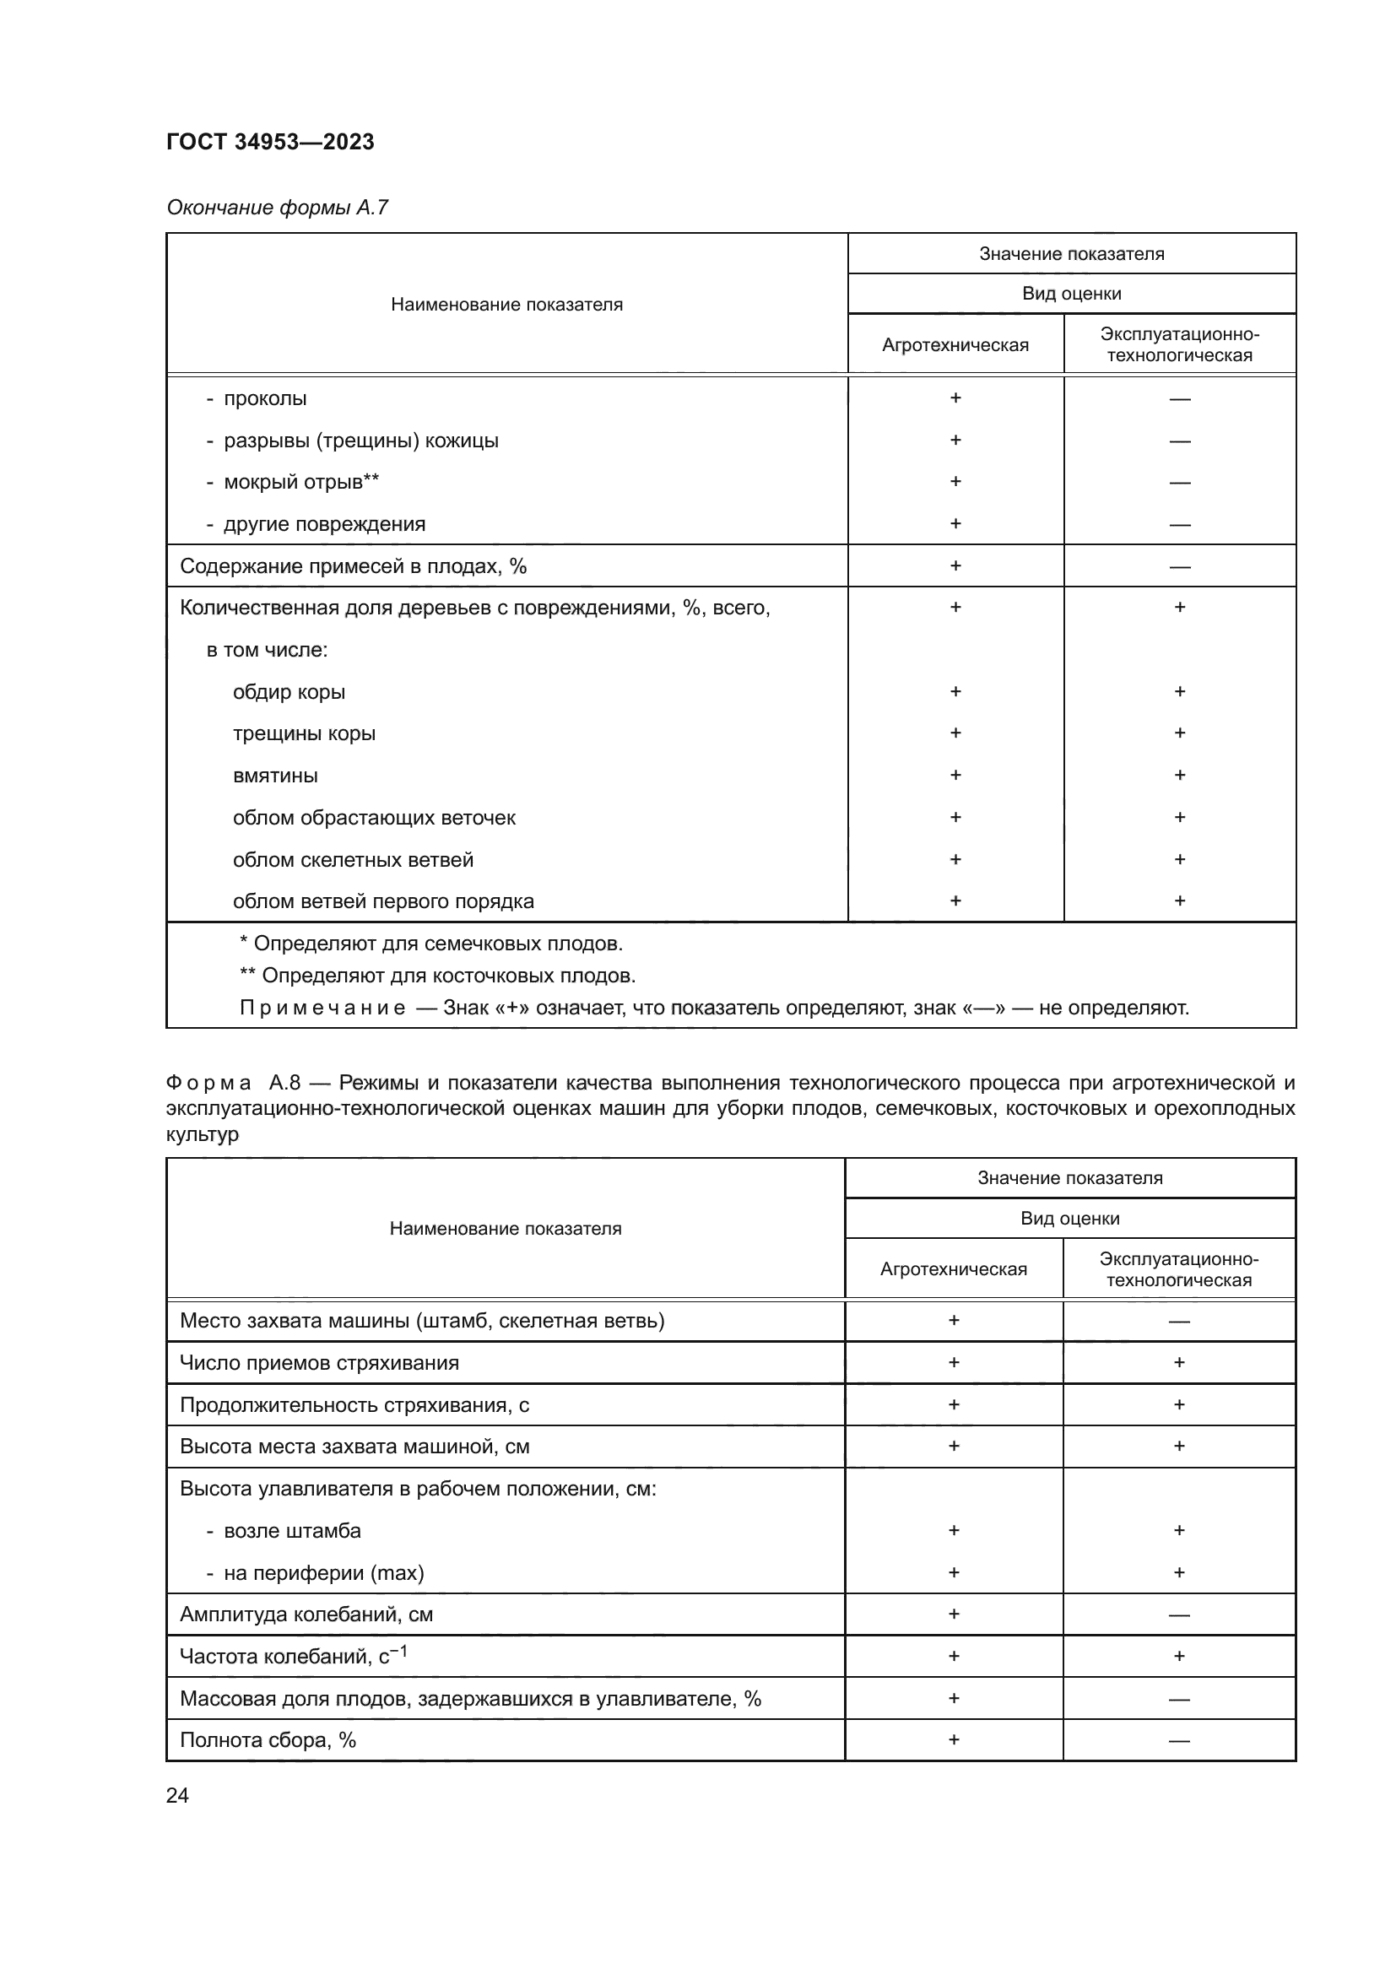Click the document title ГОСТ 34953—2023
270,142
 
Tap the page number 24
177,1795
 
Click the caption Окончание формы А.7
277,208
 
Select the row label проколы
265,399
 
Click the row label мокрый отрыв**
300,483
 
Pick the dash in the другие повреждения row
1179,524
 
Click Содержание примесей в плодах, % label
353,566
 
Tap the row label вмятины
275,776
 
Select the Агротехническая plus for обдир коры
955,691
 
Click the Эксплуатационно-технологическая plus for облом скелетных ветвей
1179,859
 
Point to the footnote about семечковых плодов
430,944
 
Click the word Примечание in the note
322,1008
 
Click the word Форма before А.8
208,1083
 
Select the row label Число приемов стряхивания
319,1363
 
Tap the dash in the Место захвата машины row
1178,1322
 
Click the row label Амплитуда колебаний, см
306,1614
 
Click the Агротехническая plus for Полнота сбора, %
953,1740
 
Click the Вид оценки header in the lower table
1069,1219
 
